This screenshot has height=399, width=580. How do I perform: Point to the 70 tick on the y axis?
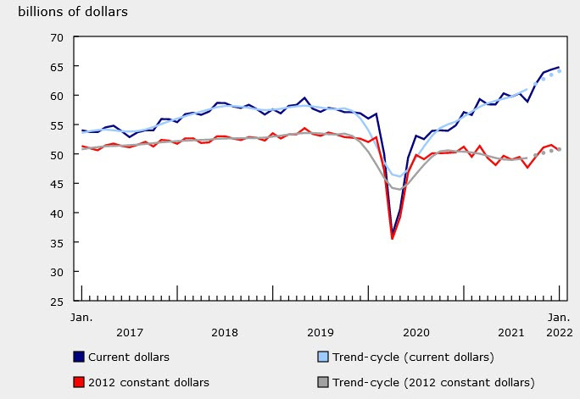[58, 37]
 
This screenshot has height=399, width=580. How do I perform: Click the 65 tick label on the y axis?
[58, 67]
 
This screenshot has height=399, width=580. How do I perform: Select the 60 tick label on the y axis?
[58, 96]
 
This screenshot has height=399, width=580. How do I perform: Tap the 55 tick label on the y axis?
[58, 125]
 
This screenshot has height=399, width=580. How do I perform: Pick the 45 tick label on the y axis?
[58, 184]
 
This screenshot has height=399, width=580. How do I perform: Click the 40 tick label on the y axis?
[58, 213]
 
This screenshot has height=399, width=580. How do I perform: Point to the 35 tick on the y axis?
[58, 242]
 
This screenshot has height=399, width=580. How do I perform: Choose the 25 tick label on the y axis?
[58, 301]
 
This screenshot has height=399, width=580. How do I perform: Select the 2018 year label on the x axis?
[225, 332]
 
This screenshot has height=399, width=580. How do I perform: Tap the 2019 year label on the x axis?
[321, 332]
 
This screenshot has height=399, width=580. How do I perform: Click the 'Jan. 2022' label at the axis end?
[558, 324]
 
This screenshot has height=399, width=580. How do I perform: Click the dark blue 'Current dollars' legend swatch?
[79, 357]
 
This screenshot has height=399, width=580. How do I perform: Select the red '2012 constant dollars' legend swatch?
[79, 383]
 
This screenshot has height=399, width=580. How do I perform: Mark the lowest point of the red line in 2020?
[392, 239]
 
